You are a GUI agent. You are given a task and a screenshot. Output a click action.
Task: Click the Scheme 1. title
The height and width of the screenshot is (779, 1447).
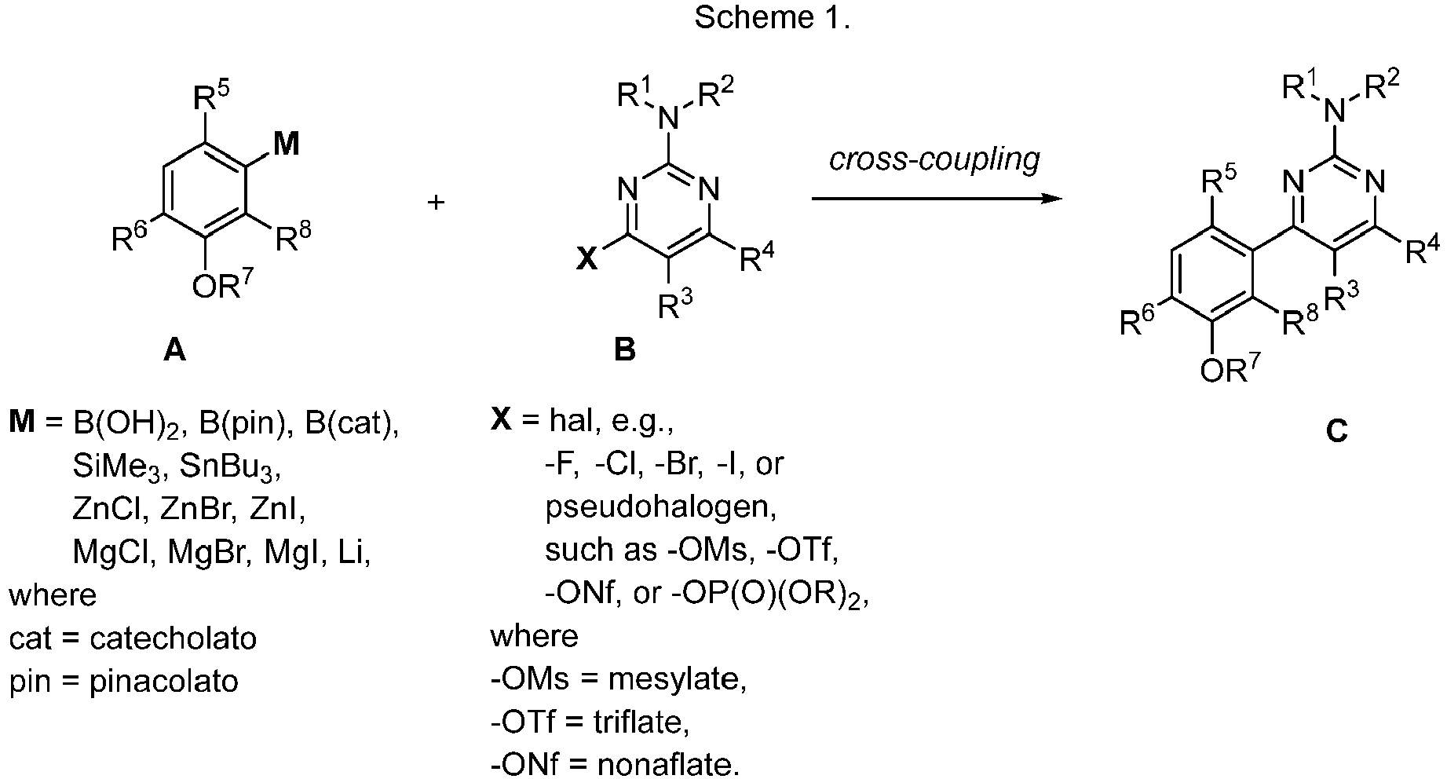[x=772, y=18]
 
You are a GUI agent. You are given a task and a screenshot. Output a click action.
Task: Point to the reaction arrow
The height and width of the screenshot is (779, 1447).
[x=937, y=199]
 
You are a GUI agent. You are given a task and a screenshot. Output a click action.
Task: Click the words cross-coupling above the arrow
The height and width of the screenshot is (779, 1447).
[x=935, y=159]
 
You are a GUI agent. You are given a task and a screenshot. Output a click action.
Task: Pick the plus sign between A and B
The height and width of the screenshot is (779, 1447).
[x=436, y=202]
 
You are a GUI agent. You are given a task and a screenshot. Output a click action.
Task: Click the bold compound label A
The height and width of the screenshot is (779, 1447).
[x=174, y=350]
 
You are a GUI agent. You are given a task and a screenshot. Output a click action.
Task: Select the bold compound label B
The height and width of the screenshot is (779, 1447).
[x=624, y=349]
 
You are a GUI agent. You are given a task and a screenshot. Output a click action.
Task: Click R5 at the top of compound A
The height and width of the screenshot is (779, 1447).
[x=211, y=101]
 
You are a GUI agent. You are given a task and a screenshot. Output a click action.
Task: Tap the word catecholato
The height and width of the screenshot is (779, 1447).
[x=174, y=638]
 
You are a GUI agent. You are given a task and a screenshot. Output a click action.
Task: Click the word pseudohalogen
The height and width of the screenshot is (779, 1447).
[x=661, y=507]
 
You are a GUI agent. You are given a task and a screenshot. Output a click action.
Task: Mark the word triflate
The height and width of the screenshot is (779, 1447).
[x=641, y=721]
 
